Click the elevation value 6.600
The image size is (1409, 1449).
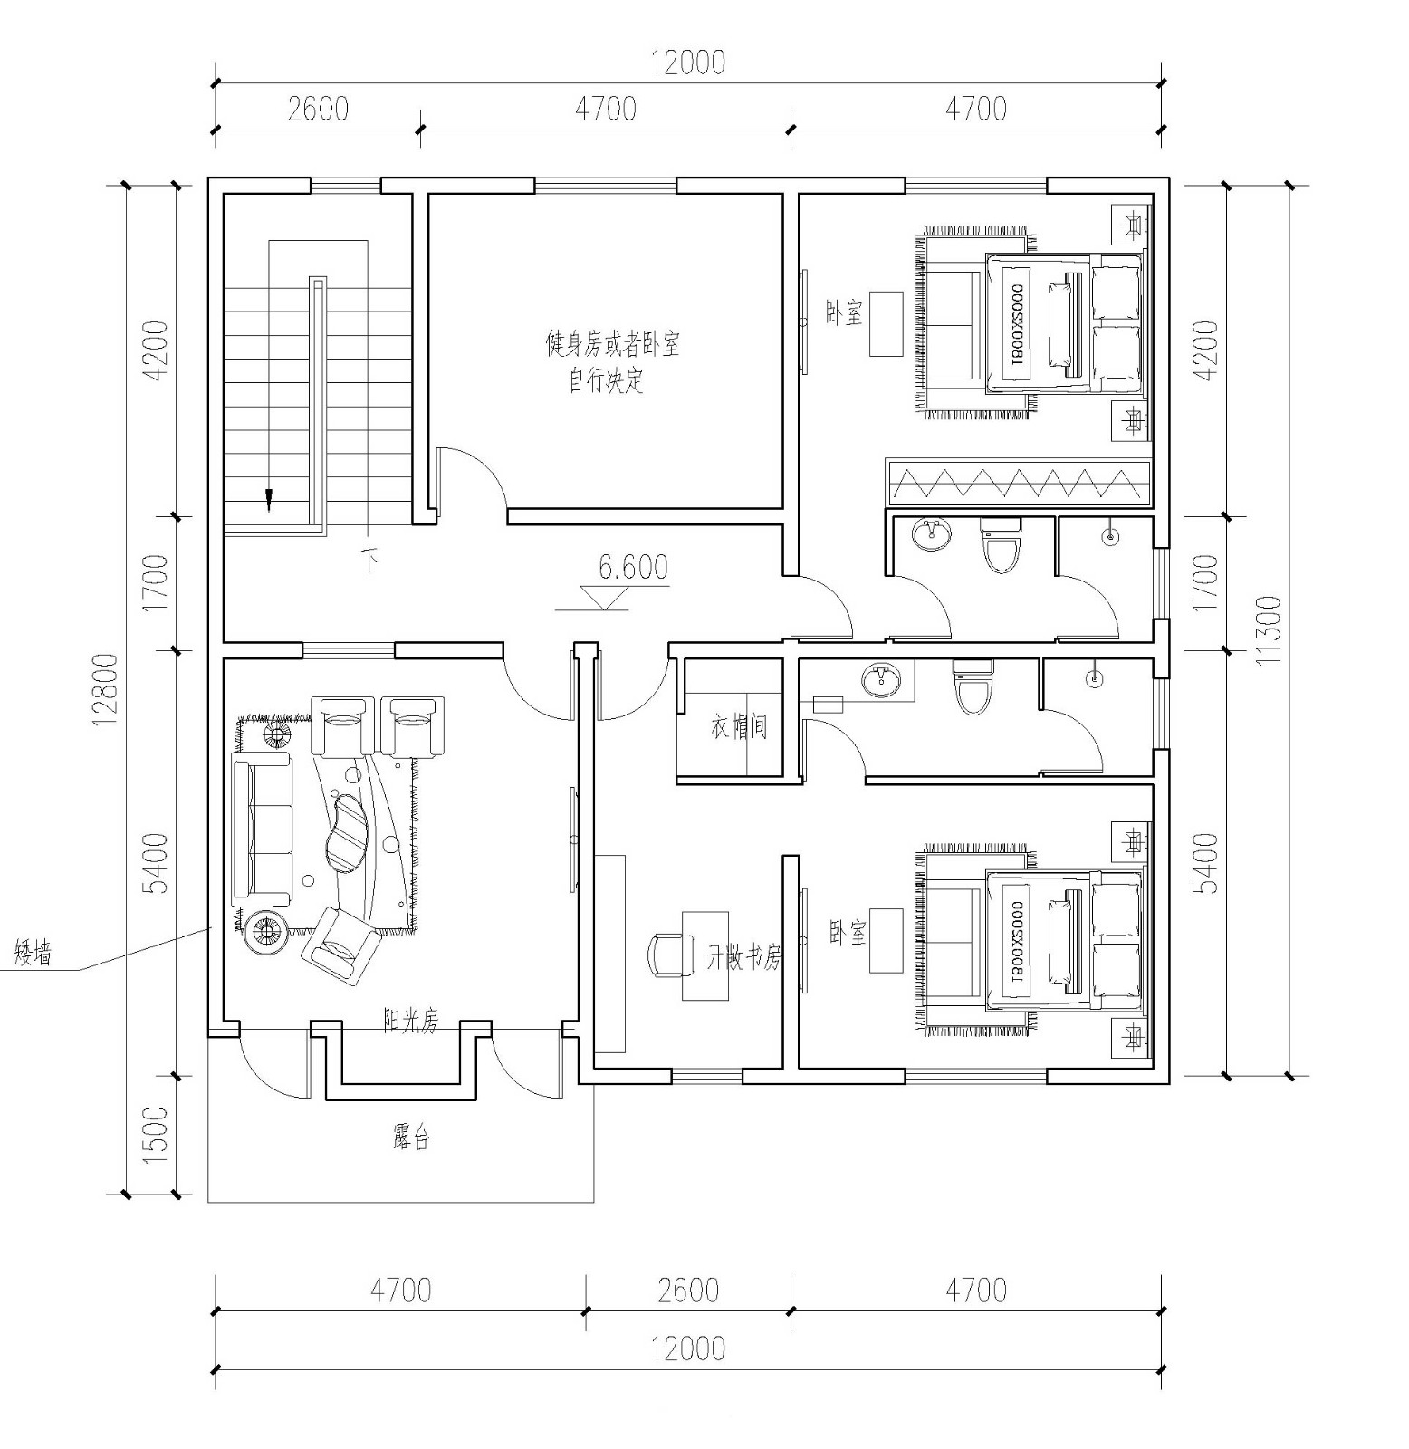633,567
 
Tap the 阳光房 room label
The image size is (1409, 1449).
410,1022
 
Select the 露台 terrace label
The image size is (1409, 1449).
410,1138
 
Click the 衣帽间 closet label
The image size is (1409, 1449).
739,726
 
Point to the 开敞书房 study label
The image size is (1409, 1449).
743,957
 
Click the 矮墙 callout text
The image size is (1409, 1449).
34,954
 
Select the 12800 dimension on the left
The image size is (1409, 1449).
106,690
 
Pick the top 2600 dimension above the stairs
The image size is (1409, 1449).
318,109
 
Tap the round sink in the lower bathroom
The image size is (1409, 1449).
881,680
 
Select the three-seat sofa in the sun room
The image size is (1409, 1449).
262,831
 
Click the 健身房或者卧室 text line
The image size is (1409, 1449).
612,344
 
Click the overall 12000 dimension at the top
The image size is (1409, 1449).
688,62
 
